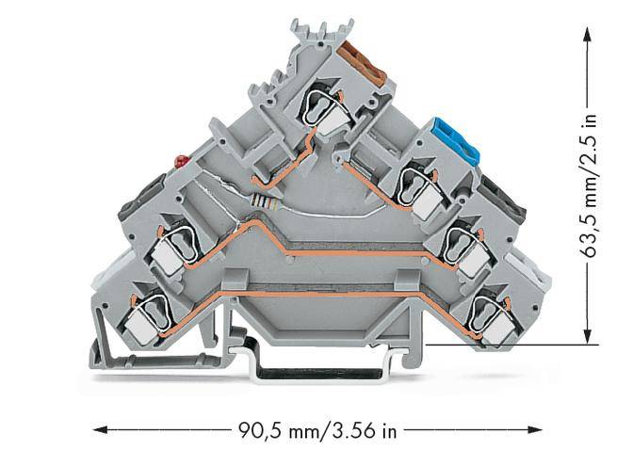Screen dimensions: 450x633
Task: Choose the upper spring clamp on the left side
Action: point(178,243)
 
